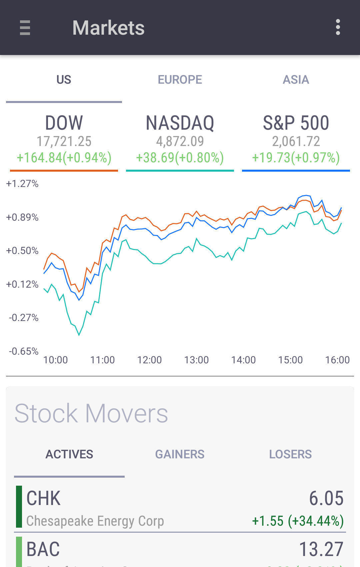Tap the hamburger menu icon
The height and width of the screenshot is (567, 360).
pyautogui.click(x=25, y=28)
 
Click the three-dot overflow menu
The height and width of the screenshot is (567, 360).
pyautogui.click(x=338, y=27)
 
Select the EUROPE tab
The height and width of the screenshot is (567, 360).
pyautogui.click(x=180, y=80)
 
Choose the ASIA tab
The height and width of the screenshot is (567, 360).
pyautogui.click(x=296, y=80)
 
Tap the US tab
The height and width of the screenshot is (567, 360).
pyautogui.click(x=64, y=80)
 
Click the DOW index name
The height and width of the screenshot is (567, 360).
pyautogui.click(x=64, y=123)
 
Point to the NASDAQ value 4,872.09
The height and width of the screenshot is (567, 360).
pyautogui.click(x=180, y=141)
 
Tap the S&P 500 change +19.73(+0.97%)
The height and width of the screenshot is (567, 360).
pyautogui.click(x=296, y=158)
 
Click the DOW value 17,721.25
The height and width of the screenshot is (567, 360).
pyautogui.click(x=64, y=141)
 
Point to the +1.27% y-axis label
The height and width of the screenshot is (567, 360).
pyautogui.click(x=22, y=184)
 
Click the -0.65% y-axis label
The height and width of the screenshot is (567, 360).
pyautogui.click(x=24, y=351)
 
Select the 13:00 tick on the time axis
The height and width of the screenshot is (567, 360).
pyautogui.click(x=196, y=360)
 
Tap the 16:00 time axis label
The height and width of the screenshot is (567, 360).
pyautogui.click(x=337, y=360)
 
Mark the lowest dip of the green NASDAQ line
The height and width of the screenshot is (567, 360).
pyautogui.click(x=79, y=335)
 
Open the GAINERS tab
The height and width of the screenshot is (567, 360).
pyautogui.click(x=180, y=454)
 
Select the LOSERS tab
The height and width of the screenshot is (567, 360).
pyautogui.click(x=290, y=454)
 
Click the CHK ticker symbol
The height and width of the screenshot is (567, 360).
pyautogui.click(x=43, y=498)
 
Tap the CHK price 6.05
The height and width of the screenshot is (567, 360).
pyautogui.click(x=326, y=498)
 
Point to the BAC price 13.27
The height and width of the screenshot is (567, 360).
pyautogui.click(x=321, y=549)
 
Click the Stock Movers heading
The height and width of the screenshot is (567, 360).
pyautogui.click(x=91, y=413)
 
